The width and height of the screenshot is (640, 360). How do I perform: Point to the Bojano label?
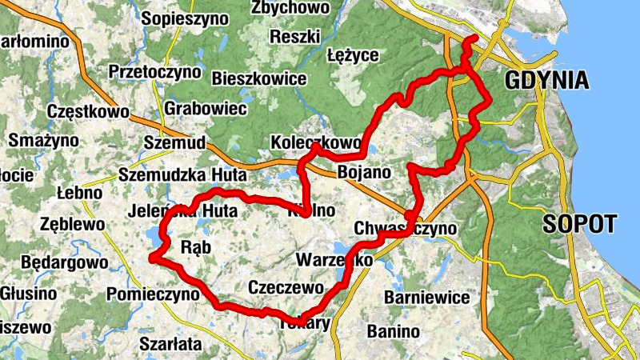point(364,172)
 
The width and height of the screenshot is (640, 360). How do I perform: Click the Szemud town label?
point(174,142)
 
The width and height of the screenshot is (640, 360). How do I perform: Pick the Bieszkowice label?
point(259,79)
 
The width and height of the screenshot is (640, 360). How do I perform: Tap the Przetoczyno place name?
point(155,72)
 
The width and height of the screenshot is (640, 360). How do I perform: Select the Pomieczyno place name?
point(152,294)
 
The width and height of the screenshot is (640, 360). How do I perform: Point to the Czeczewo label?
point(286,287)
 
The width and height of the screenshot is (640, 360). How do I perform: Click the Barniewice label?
point(427,298)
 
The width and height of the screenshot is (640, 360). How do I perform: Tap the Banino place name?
point(393,330)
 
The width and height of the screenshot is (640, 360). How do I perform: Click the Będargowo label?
point(64,262)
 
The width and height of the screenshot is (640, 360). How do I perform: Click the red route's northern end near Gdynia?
point(473,39)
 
